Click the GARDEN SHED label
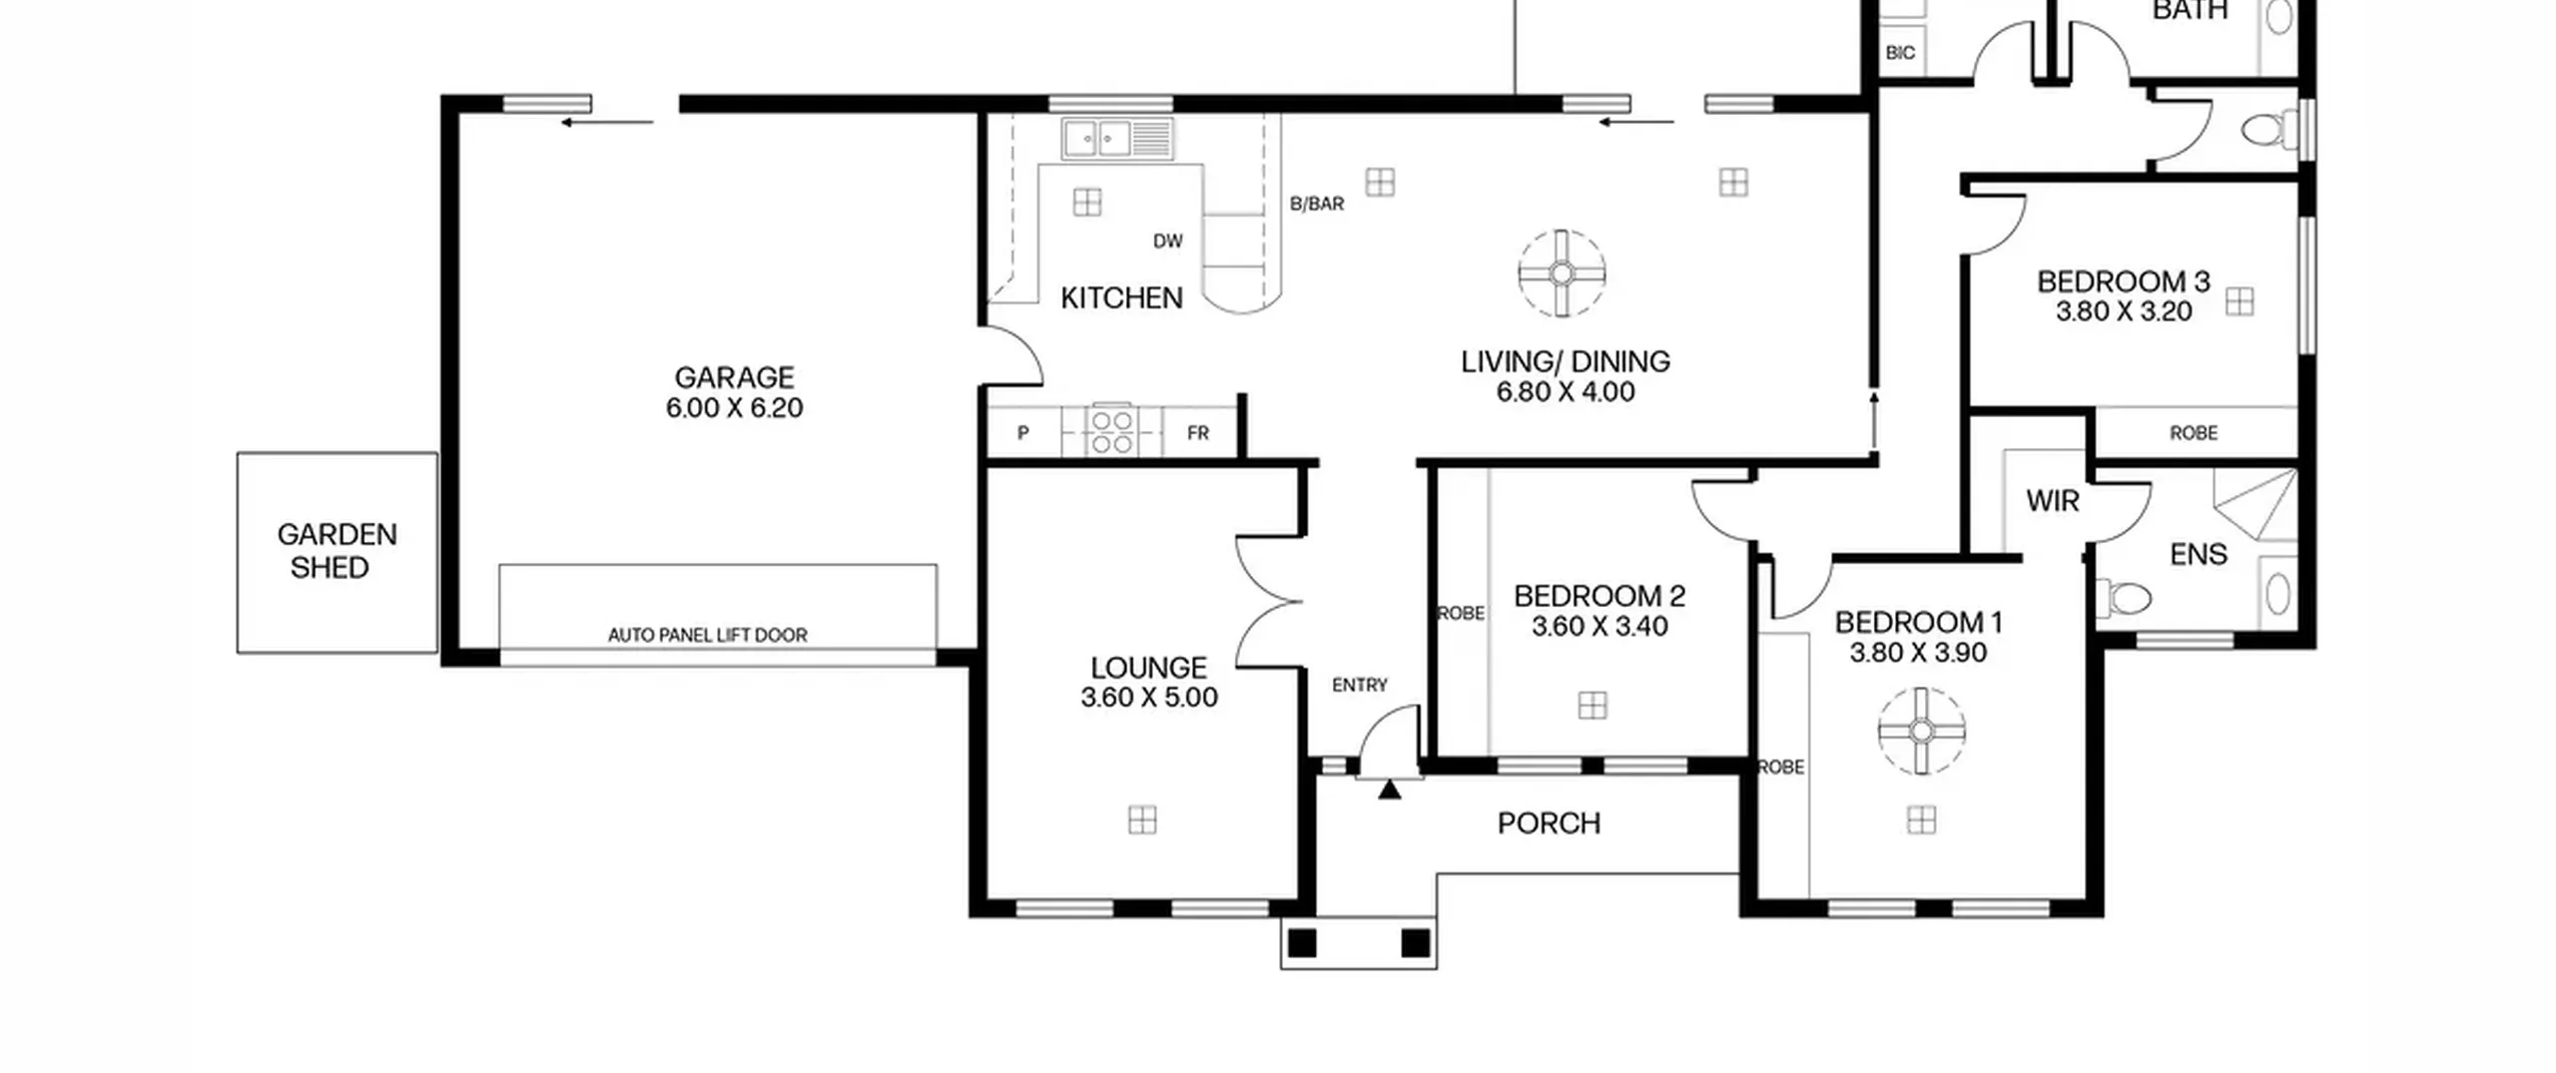click(336, 551)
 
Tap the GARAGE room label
click(735, 377)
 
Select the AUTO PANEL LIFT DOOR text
click(708, 635)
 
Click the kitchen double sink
click(1117, 139)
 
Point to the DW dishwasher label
click(1168, 241)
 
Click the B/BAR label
click(1317, 204)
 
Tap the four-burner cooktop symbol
click(1111, 431)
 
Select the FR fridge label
click(1198, 433)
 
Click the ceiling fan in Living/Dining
click(1562, 273)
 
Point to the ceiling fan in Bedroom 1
click(1922, 732)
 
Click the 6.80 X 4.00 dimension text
click(1566, 392)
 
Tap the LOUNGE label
click(1149, 667)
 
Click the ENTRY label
click(1360, 685)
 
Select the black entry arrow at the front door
click(1390, 790)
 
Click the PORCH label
click(1550, 823)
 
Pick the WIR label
click(2053, 500)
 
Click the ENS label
click(2199, 554)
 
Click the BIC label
click(1900, 53)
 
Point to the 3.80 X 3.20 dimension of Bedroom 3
click(2124, 311)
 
